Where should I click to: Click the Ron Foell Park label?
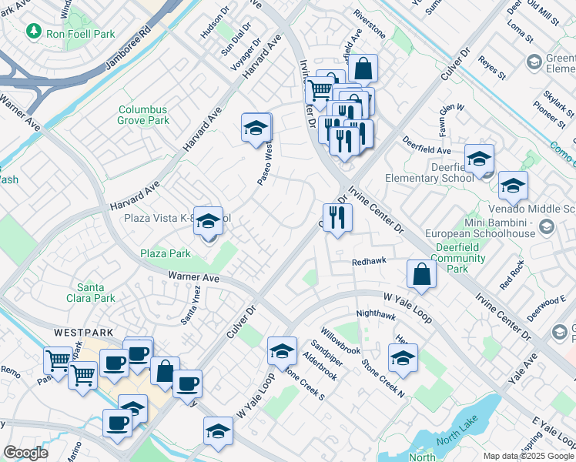(80, 33)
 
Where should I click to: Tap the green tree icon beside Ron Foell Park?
(33, 32)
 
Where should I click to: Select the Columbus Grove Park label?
(143, 115)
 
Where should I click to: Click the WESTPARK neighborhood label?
(84, 333)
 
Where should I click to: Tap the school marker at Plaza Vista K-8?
(208, 222)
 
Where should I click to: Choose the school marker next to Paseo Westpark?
(256, 128)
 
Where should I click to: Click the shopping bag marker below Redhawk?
(421, 274)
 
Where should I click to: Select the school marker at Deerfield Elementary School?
(479, 159)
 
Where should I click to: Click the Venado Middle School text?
(531, 209)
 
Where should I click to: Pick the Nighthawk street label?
(375, 314)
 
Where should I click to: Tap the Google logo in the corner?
(25, 453)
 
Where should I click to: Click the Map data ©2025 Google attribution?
(527, 455)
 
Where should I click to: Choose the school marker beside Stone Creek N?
(403, 358)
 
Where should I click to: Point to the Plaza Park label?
(165, 253)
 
